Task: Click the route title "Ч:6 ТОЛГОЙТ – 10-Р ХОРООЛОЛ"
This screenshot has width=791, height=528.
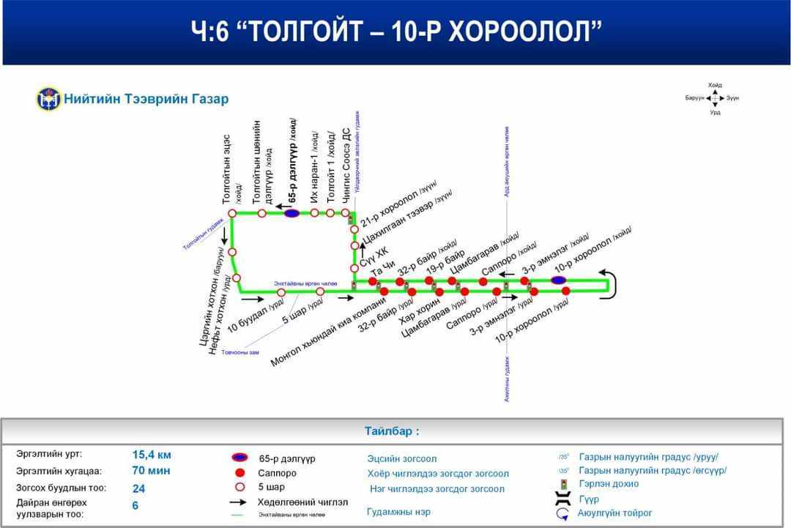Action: [x=396, y=31]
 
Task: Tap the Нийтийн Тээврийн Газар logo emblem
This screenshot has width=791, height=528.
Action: [x=48, y=99]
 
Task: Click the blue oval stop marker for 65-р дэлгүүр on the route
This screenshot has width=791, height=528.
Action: [x=291, y=213]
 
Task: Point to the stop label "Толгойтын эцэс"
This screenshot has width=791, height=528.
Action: [x=228, y=169]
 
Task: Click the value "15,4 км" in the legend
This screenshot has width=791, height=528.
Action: [x=152, y=454]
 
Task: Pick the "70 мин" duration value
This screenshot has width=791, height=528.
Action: [x=151, y=471]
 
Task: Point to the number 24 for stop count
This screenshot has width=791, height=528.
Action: [x=139, y=488]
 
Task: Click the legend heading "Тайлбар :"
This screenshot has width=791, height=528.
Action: [x=392, y=431]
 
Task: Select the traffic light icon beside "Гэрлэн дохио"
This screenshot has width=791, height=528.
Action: [x=563, y=484]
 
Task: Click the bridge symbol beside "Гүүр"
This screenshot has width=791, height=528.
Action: [x=563, y=499]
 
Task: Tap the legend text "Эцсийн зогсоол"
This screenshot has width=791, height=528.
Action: [x=401, y=458]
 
